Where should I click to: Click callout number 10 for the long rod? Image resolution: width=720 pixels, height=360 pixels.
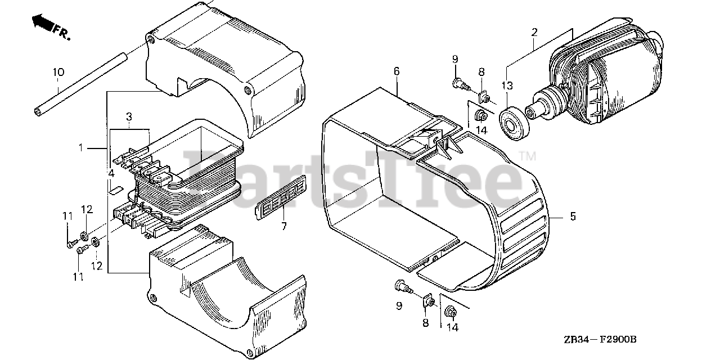59,72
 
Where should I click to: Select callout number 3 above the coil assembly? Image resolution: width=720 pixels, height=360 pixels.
129,116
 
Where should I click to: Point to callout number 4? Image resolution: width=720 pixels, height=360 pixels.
111,173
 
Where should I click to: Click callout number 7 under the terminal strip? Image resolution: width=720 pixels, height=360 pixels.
284,226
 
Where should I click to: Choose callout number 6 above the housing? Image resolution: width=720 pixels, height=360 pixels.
397,71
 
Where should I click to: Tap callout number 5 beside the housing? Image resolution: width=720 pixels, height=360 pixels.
573,216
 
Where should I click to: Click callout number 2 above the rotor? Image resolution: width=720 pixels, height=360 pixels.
534,31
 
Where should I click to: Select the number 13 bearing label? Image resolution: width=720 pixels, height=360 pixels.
507,85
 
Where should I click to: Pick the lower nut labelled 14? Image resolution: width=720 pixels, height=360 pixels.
451,311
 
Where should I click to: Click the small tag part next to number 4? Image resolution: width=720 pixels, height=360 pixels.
115,188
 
